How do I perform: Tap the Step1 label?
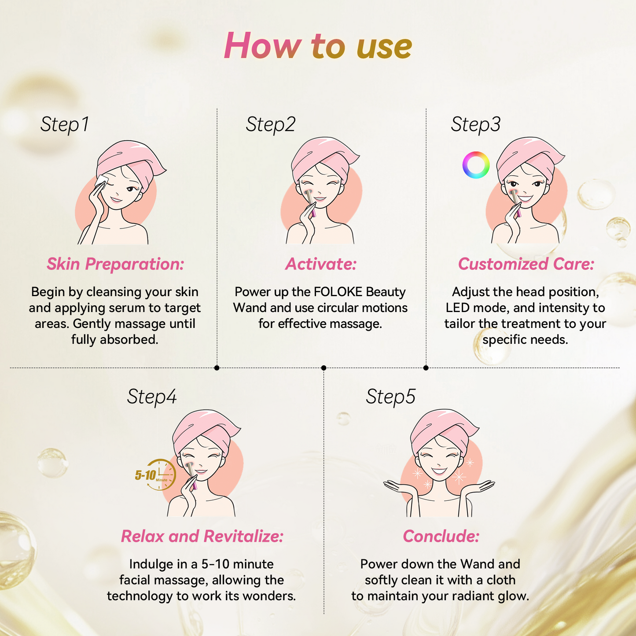[65, 125]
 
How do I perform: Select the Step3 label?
[476, 125]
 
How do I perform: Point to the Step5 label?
[390, 397]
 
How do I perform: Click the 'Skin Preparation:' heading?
[115, 264]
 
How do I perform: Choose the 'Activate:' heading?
[321, 264]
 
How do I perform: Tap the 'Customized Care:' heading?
[526, 264]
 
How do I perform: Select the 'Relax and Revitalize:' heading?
[202, 536]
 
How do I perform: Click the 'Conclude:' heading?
[441, 536]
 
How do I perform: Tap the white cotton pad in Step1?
[101, 181]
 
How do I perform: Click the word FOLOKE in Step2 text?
[338, 292]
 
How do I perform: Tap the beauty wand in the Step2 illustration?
[311, 202]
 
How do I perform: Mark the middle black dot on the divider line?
[324, 368]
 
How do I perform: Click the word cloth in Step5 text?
[500, 580]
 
